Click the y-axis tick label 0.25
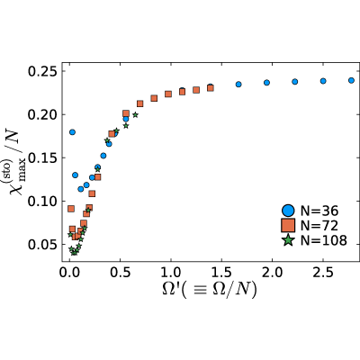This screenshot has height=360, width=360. tap(42, 72)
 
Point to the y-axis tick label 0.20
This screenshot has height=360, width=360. tap(42, 115)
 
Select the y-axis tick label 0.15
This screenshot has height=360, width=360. tap(42, 158)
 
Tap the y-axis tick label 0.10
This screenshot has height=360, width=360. tap(42, 202)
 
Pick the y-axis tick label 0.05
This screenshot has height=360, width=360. tap(42, 245)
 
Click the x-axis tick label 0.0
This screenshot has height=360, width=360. tap(69, 273)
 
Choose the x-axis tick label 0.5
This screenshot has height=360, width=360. tap(120, 273)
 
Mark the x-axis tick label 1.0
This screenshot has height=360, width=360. tap(171, 273)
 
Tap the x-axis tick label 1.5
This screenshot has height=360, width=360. tap(221, 273)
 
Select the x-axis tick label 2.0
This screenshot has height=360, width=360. tap(272, 273)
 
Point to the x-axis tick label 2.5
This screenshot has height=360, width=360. tap(323, 273)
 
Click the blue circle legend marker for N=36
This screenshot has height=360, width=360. tap(288, 211)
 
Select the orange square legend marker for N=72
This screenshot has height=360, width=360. tap(288, 225)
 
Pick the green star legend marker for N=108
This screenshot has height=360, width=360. tap(288, 240)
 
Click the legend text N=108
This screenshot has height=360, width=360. tap(324, 240)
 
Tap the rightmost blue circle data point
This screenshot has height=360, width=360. tap(351, 80)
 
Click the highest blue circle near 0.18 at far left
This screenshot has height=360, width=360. tap(72, 132)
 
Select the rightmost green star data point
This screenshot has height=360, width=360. tap(135, 114)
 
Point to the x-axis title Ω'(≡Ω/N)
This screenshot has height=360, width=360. tap(210, 290)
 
